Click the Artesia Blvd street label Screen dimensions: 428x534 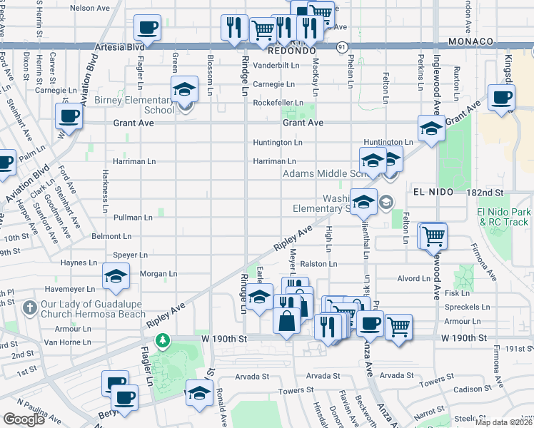(118, 48)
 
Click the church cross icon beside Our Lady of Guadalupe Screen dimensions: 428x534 (29, 308)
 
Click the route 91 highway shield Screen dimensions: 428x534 (343, 47)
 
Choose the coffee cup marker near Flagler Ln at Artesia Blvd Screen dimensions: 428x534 (147, 29)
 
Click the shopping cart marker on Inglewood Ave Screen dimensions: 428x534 (432, 236)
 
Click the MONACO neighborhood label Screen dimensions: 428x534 (473, 41)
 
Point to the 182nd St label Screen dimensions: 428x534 (488, 193)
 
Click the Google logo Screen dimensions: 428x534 (24, 419)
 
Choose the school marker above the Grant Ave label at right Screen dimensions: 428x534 (431, 129)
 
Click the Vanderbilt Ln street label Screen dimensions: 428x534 (276, 65)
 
